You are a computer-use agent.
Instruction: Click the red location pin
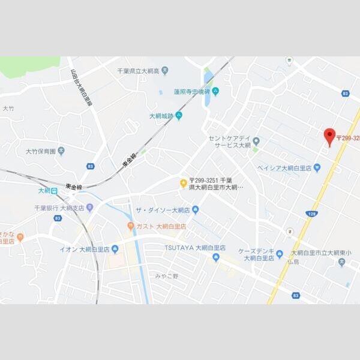pos(329,137)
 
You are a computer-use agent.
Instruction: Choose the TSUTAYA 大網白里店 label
pos(195,247)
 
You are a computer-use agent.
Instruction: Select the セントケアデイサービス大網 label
pos(229,142)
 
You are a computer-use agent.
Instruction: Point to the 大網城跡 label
pos(161,116)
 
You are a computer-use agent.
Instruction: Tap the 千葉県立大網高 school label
pos(138,71)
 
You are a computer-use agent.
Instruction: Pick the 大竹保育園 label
pos(40,151)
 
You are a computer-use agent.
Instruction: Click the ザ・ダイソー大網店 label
pos(163,209)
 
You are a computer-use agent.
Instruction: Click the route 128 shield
pos(313,214)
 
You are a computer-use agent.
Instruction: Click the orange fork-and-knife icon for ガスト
pos(130,226)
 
